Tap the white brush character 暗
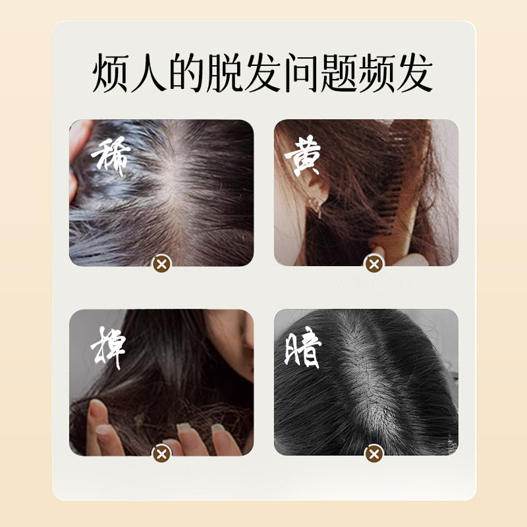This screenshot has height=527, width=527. tap(302, 349)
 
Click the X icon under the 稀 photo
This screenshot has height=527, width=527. tap(161, 265)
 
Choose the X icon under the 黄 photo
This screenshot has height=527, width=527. tap(374, 265)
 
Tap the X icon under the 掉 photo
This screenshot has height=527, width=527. tap(161, 453)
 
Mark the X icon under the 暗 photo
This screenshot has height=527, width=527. tap(374, 453)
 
